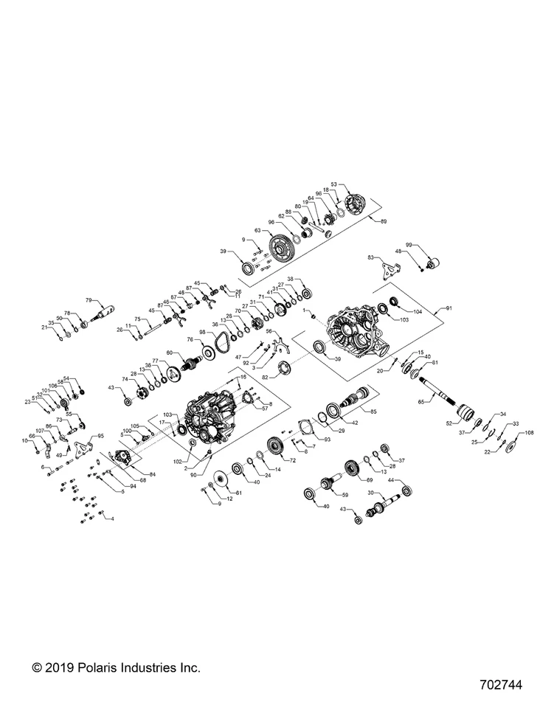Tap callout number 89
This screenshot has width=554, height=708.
pos(382,221)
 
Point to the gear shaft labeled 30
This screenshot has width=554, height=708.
pos(387,508)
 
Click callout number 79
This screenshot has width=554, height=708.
pos(89,300)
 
